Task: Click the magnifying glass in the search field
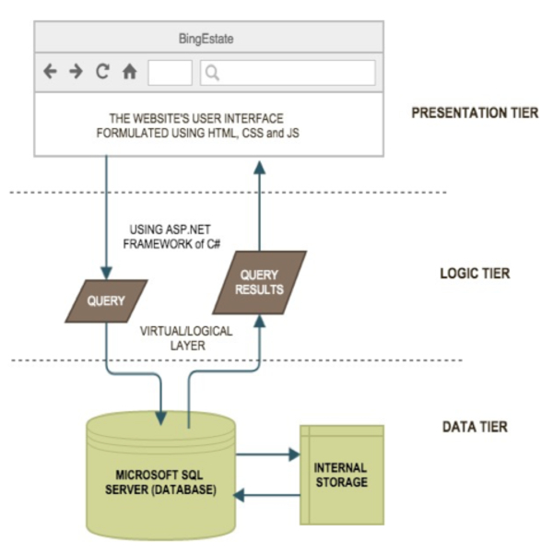(x=212, y=73)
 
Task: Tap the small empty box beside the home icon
(x=170, y=73)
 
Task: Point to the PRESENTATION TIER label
(x=476, y=114)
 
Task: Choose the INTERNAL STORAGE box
(x=340, y=476)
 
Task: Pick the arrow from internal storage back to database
(x=267, y=495)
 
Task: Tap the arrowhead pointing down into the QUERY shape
(x=107, y=273)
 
